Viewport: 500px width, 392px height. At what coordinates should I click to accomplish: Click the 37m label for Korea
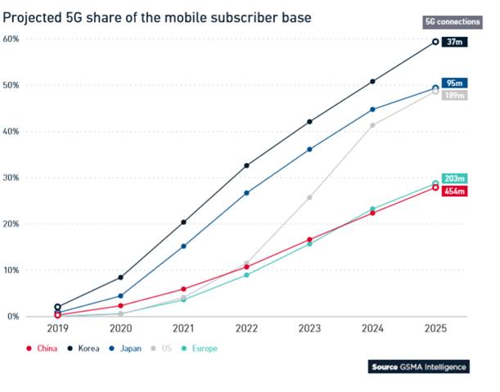454,42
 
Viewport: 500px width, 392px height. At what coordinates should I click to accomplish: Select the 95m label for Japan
454,83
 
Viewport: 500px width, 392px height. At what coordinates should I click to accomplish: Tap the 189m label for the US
454,95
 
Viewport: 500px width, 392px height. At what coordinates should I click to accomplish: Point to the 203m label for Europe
454,178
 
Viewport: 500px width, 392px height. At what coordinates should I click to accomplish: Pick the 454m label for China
454,191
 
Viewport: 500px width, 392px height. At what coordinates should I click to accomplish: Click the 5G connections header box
446,21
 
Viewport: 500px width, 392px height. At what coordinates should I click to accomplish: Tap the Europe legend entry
200,348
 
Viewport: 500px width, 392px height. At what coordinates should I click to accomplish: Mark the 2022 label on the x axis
246,329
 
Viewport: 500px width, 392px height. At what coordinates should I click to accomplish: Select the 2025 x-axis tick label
435,329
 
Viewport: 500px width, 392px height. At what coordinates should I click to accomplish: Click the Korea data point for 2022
246,165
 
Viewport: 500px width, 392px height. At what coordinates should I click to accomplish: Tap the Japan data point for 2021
183,246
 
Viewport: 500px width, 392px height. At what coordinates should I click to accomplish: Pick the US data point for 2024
372,125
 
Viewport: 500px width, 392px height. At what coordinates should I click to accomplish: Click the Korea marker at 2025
435,41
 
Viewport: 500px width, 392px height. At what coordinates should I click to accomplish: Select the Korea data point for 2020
120,277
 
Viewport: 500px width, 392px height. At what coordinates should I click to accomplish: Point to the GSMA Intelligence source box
418,367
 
